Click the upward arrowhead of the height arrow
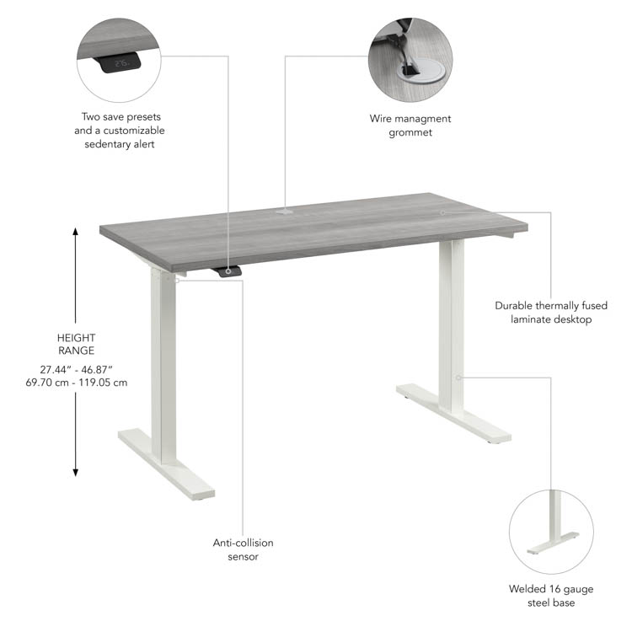tap(75, 231)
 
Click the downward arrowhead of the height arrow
tap(75, 473)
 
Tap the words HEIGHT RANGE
tap(76, 344)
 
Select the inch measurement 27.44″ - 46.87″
tap(76, 370)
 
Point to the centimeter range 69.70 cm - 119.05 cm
tap(77, 383)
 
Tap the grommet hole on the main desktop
tap(285, 211)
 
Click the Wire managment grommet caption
tap(410, 126)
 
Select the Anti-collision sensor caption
tap(243, 549)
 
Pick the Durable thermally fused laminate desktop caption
tap(551, 313)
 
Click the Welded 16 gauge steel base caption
tap(551, 596)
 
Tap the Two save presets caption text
tap(120, 130)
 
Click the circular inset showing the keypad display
tap(119, 60)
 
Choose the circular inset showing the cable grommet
tap(410, 59)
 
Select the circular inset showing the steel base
tap(551, 532)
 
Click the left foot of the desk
tap(166, 464)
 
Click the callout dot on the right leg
tap(458, 378)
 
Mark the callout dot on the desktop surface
tap(442, 212)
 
